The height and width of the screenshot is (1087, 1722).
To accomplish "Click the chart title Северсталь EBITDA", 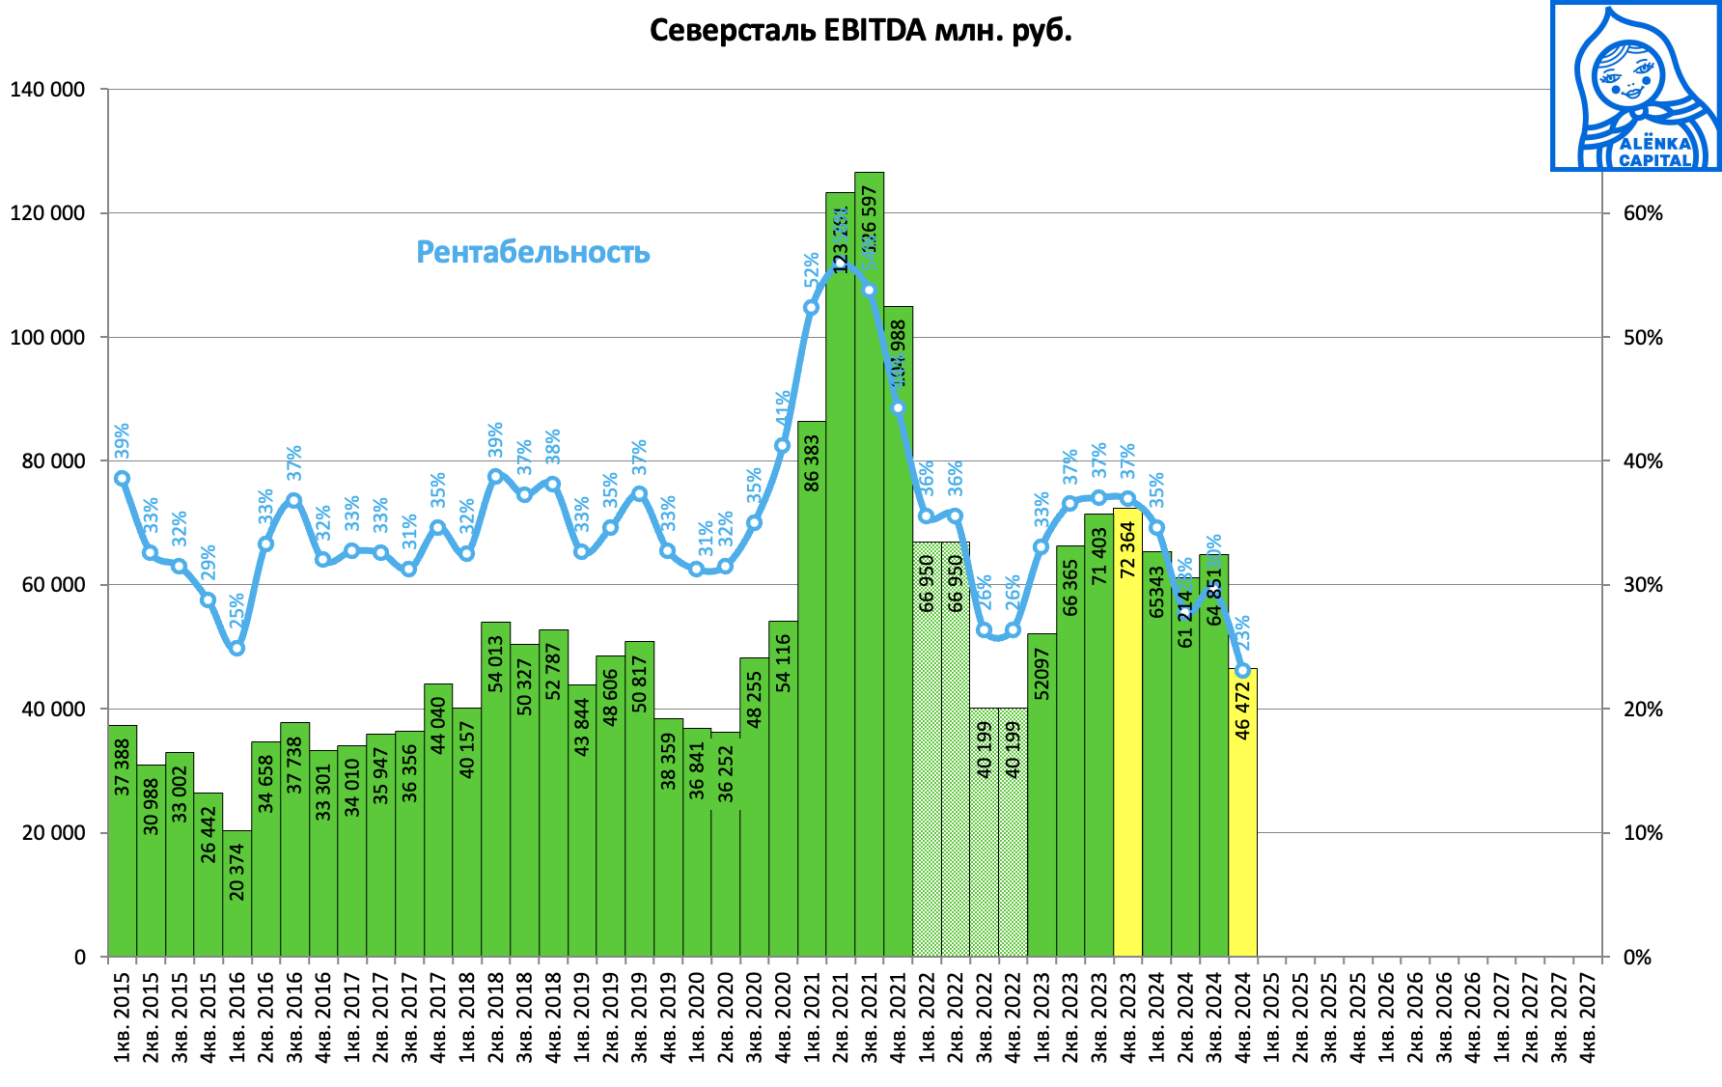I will pyautogui.click(x=860, y=31).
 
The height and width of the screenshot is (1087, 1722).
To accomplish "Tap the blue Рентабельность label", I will pyautogui.click(x=533, y=252).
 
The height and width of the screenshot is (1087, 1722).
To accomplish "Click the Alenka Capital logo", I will pyautogui.click(x=1635, y=87).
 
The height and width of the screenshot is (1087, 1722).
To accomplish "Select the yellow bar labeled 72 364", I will pyautogui.click(x=1127, y=734).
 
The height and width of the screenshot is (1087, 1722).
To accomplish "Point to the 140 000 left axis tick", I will pyautogui.click(x=46, y=90).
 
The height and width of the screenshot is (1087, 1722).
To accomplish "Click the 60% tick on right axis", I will pyautogui.click(x=1643, y=213).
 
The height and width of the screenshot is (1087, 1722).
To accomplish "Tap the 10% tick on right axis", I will pyautogui.click(x=1643, y=833).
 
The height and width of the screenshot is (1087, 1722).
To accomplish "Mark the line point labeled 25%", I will pyautogui.click(x=237, y=648).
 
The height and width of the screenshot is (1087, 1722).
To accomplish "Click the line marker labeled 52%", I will pyautogui.click(x=811, y=308).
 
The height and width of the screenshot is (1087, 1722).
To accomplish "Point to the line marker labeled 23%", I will pyautogui.click(x=1242, y=670).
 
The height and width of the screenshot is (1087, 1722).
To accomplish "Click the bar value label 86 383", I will pyautogui.click(x=812, y=462).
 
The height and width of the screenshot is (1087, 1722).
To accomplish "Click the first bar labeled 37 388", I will pyautogui.click(x=123, y=840).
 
